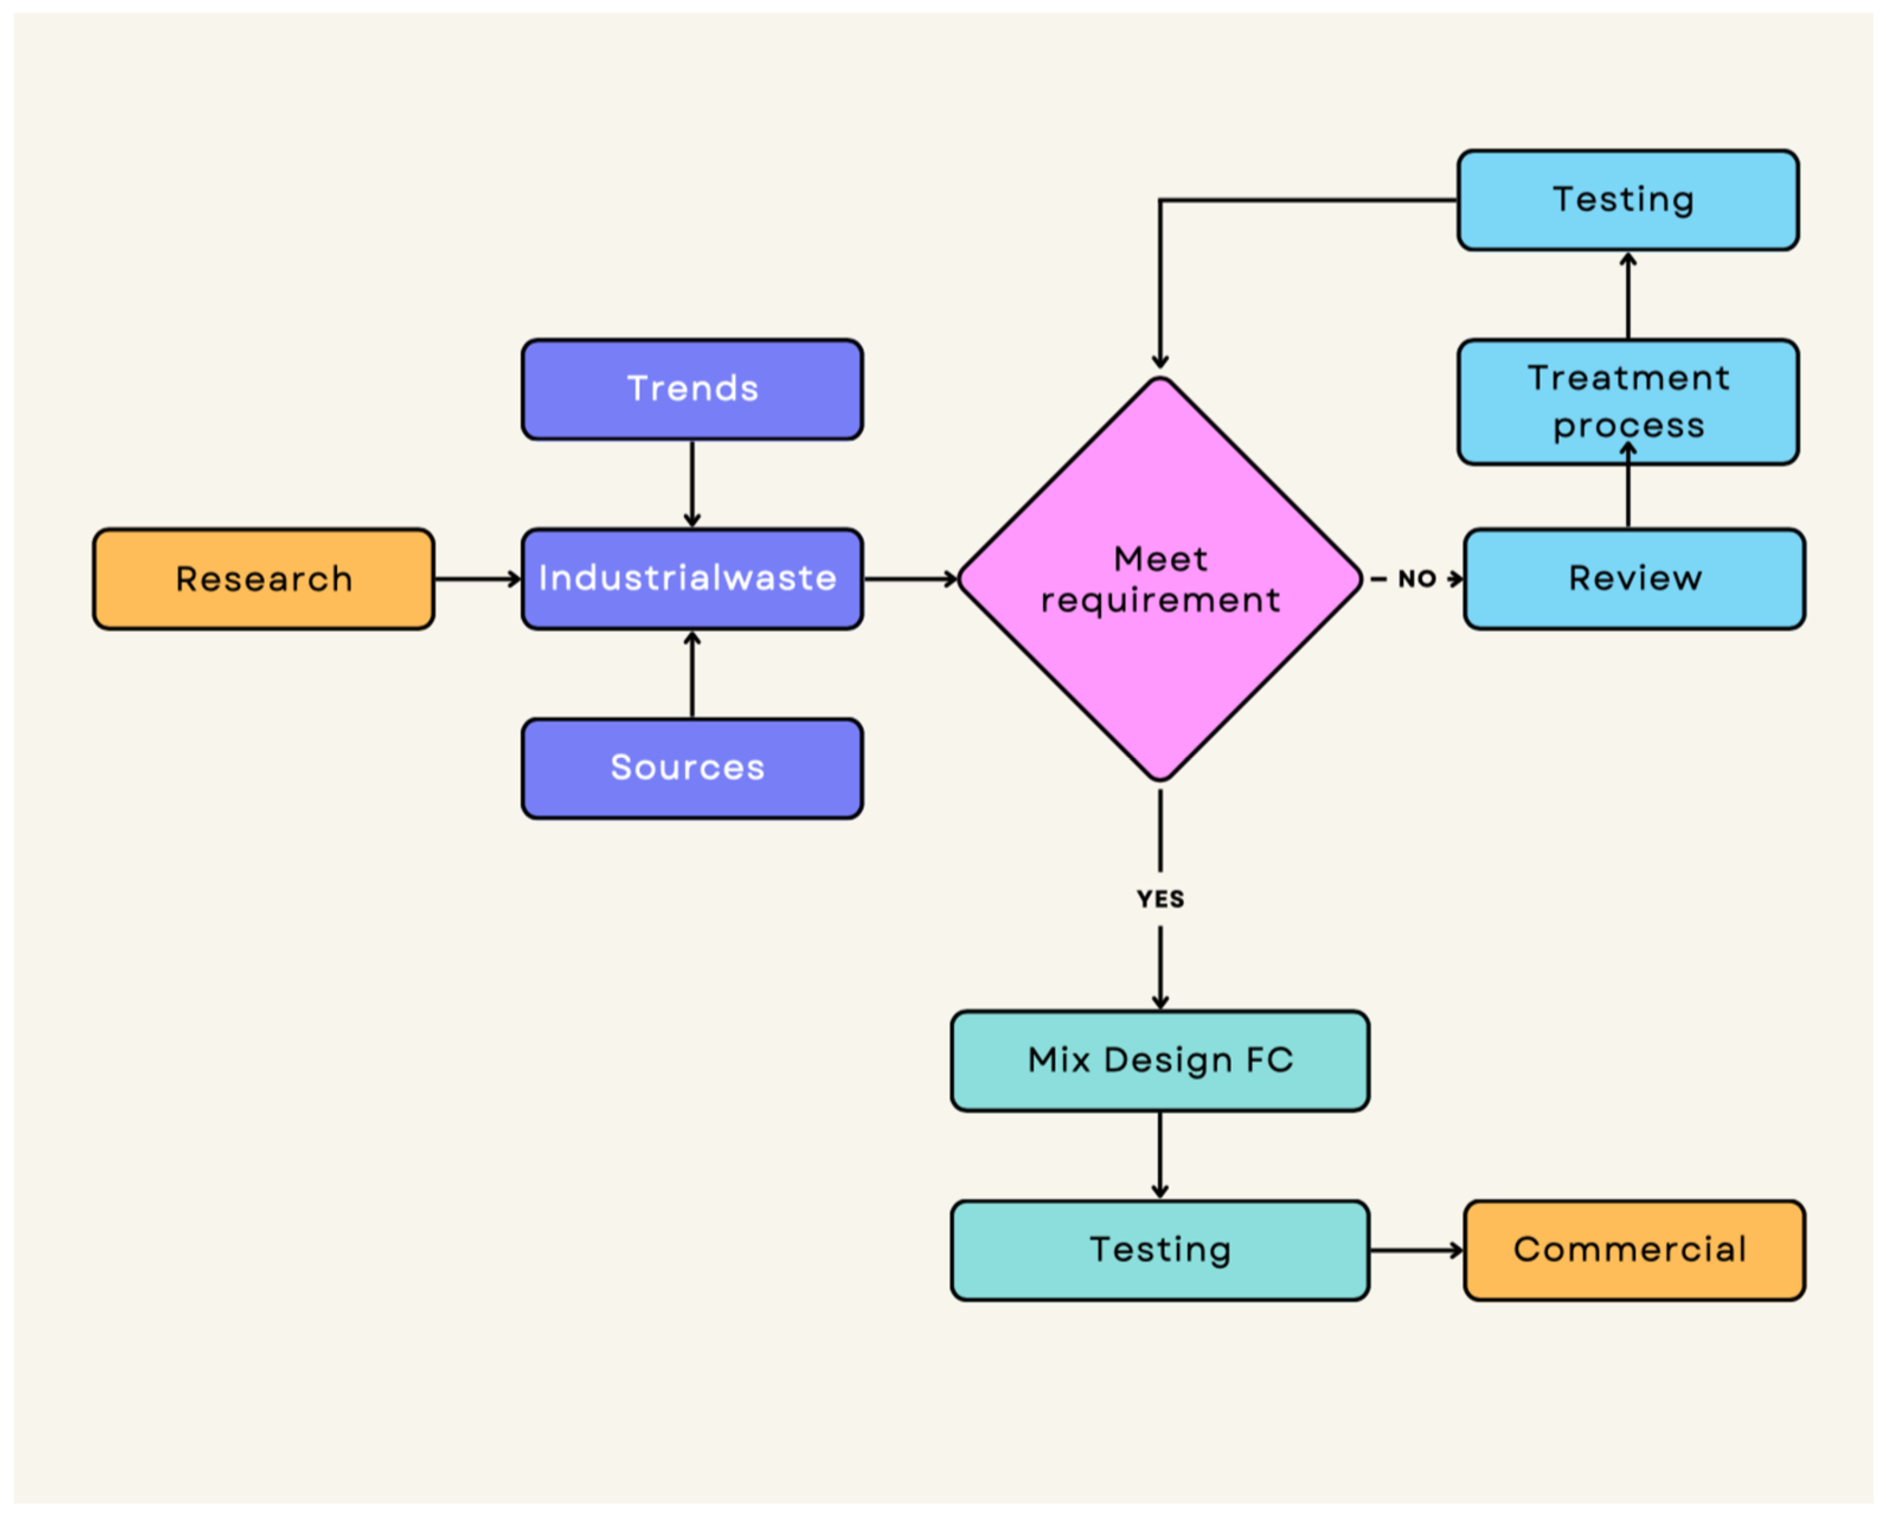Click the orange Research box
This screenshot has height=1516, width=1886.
point(264,579)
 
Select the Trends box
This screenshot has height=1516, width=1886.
point(692,389)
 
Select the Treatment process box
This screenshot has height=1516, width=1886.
point(1628,402)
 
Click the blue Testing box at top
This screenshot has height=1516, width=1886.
point(1628,200)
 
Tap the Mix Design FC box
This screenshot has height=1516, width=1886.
point(1160,1061)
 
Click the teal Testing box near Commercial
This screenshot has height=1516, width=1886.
point(1160,1250)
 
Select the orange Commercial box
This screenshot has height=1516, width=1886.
point(1634,1250)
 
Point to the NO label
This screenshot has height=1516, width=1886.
point(1416,579)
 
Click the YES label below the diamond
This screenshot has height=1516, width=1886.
point(1160,899)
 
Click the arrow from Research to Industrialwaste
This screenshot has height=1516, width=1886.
point(477,579)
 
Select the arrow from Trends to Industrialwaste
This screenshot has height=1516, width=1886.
point(692,484)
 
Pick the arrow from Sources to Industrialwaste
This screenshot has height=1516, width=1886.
point(692,674)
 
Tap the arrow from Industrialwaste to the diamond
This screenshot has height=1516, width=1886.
point(910,579)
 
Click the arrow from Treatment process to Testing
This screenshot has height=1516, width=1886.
point(1628,296)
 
